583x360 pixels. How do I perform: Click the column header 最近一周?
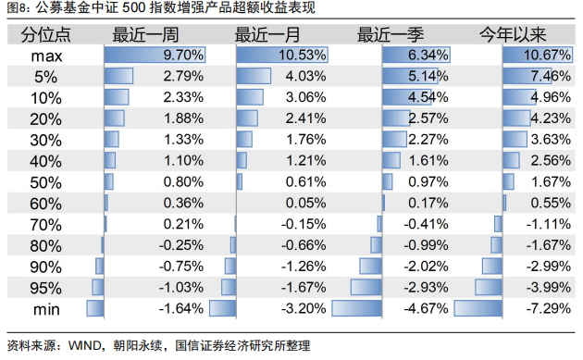click(146, 35)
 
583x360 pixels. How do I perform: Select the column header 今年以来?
click(513, 35)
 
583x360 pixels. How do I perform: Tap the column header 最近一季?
click(391, 35)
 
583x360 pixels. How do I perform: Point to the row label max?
click(46, 56)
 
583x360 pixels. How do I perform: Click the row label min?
click(46, 309)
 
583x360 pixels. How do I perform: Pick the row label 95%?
click(45, 288)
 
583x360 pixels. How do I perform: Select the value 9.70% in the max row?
click(183, 55)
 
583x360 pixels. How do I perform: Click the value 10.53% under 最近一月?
click(303, 55)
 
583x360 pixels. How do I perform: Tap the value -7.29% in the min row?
click(549, 308)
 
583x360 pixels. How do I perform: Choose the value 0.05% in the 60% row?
click(305, 203)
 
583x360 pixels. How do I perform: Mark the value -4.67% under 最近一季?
click(426, 308)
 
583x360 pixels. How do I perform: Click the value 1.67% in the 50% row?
click(551, 182)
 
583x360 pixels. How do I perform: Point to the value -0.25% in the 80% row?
click(181, 245)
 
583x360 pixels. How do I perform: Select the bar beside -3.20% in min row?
click(223, 308)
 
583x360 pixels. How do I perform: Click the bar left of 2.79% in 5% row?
click(118, 76)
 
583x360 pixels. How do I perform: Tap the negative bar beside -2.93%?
click(366, 288)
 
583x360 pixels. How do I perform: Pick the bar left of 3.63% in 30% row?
click(515, 140)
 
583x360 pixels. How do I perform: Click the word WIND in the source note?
click(85, 346)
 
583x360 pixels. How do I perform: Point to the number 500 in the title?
click(133, 7)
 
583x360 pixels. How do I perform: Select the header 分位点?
click(45, 35)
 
